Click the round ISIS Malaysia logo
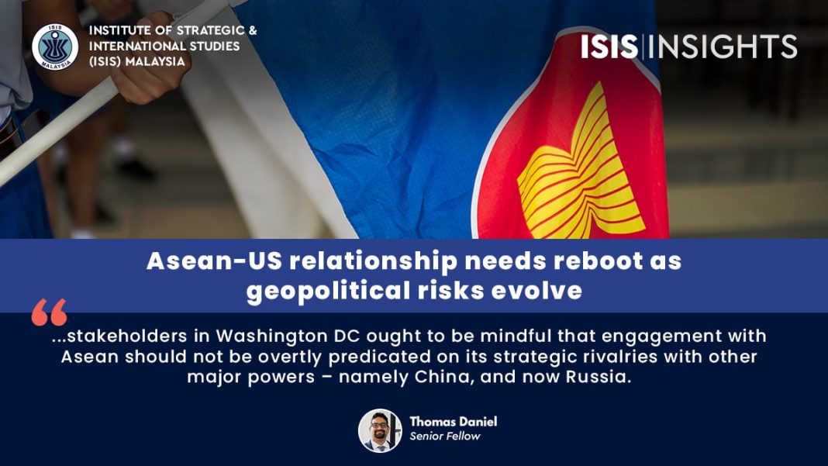pyautogui.click(x=55, y=47)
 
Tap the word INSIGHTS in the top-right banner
pyautogui.click(x=723, y=47)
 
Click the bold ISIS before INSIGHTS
pyautogui.click(x=609, y=47)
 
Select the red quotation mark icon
pyautogui.click(x=49, y=312)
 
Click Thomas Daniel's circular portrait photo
pyautogui.click(x=380, y=430)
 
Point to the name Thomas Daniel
pyautogui.click(x=453, y=422)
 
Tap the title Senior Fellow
pyautogui.click(x=445, y=437)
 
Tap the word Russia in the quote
pyautogui.click(x=599, y=377)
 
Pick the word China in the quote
pyautogui.click(x=444, y=378)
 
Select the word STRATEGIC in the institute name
pyautogui.click(x=210, y=31)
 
